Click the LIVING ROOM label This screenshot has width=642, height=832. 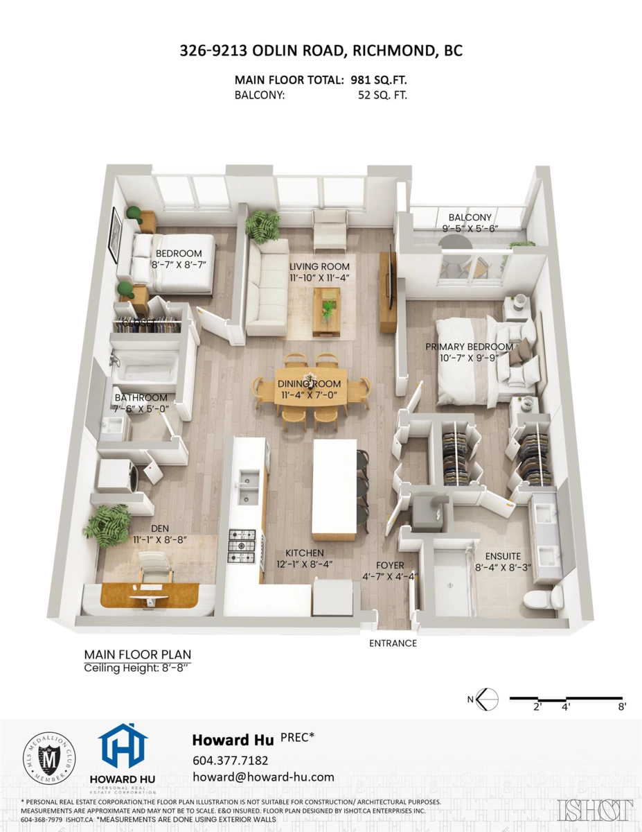click(x=319, y=266)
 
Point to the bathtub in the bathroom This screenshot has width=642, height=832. click(x=145, y=366)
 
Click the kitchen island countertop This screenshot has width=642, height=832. click(x=335, y=488)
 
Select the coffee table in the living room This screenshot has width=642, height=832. click(x=326, y=309)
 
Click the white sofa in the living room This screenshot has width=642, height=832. click(x=267, y=288)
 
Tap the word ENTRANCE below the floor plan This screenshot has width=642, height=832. click(x=393, y=643)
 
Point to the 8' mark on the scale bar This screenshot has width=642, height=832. click(x=622, y=707)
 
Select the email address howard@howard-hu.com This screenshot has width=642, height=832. click(x=263, y=777)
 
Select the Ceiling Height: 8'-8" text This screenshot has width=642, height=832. click(x=136, y=668)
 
